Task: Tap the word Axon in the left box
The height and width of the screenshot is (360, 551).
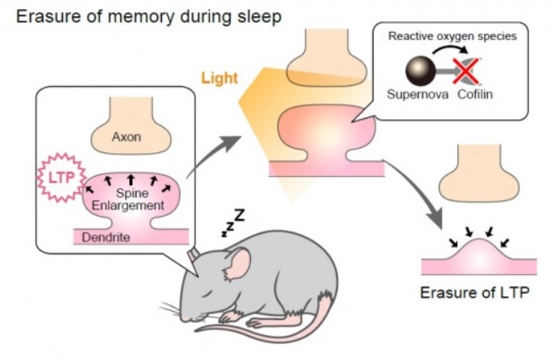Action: (127, 137)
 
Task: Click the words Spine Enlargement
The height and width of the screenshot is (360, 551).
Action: (131, 198)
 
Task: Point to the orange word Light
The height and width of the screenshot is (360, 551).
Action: (220, 79)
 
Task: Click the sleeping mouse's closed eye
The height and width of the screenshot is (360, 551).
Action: (213, 287)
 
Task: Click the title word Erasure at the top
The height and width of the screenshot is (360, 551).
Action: (41, 15)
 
